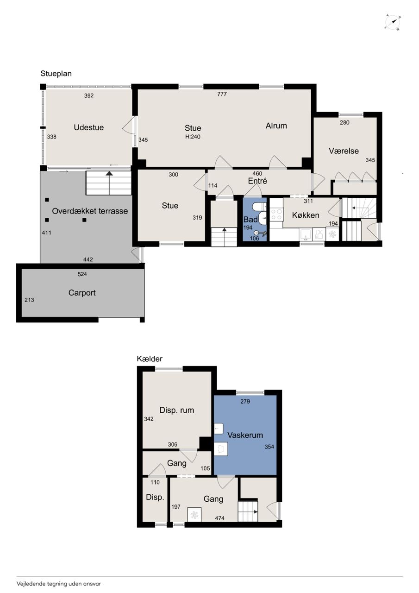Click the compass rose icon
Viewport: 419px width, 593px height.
point(393,23)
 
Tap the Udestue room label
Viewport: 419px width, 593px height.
point(88,127)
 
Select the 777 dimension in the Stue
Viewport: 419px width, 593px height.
point(222,94)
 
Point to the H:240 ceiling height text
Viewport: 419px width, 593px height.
point(193,137)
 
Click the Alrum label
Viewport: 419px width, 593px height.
point(276,126)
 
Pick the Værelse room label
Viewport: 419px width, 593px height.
point(344,151)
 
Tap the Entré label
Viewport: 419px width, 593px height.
point(257,181)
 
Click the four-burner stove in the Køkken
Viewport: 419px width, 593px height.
point(276,214)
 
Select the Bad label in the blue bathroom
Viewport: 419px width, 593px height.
point(250,219)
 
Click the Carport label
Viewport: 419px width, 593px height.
point(82,293)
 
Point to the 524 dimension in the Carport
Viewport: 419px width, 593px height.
point(82,274)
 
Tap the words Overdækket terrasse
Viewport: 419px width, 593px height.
point(90,211)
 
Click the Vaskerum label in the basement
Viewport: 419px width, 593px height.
point(245,435)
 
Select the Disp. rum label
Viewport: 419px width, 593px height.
point(177,410)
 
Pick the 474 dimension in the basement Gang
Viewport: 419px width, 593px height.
point(219,518)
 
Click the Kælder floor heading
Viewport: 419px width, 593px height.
point(150,359)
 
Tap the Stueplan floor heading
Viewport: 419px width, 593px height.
point(56,74)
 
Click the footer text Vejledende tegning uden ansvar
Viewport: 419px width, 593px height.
point(59,583)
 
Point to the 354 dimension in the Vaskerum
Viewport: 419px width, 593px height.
point(269,447)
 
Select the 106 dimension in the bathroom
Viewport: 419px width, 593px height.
point(254,238)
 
